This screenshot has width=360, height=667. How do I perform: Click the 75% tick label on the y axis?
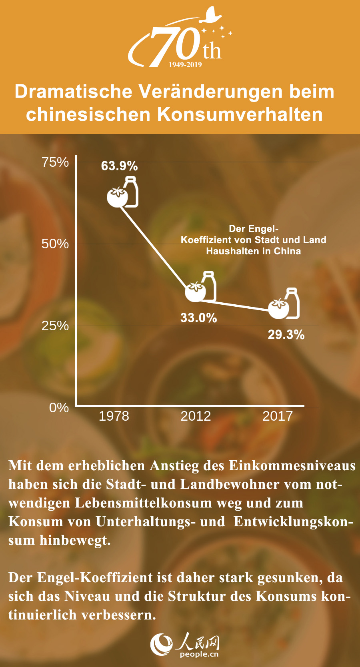coord(55,162)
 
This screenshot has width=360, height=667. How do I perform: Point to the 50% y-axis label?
coord(55,244)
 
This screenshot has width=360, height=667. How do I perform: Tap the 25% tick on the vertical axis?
coord(55,326)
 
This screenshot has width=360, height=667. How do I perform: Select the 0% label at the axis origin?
coord(59,408)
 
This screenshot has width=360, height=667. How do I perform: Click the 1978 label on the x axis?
coord(114,416)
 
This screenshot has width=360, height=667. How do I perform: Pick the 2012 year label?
coord(196,416)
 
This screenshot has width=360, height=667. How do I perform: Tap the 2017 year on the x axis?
coord(278,416)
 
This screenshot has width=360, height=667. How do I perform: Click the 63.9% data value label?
coord(119,166)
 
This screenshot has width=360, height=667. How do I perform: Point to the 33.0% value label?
coord(198,318)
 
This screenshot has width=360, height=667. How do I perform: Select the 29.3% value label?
coord(286,335)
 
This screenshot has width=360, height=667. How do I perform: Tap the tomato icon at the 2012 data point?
coord(195,292)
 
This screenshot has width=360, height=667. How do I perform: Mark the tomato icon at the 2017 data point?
coord(278,309)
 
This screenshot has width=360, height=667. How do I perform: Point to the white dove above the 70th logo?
coord(212,16)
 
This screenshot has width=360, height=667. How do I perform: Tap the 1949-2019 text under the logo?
coord(185,65)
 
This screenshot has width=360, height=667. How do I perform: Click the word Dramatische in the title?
coord(74,92)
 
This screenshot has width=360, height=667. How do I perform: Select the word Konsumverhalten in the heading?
coord(240,114)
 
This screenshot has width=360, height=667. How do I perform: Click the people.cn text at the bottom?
coord(199,654)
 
